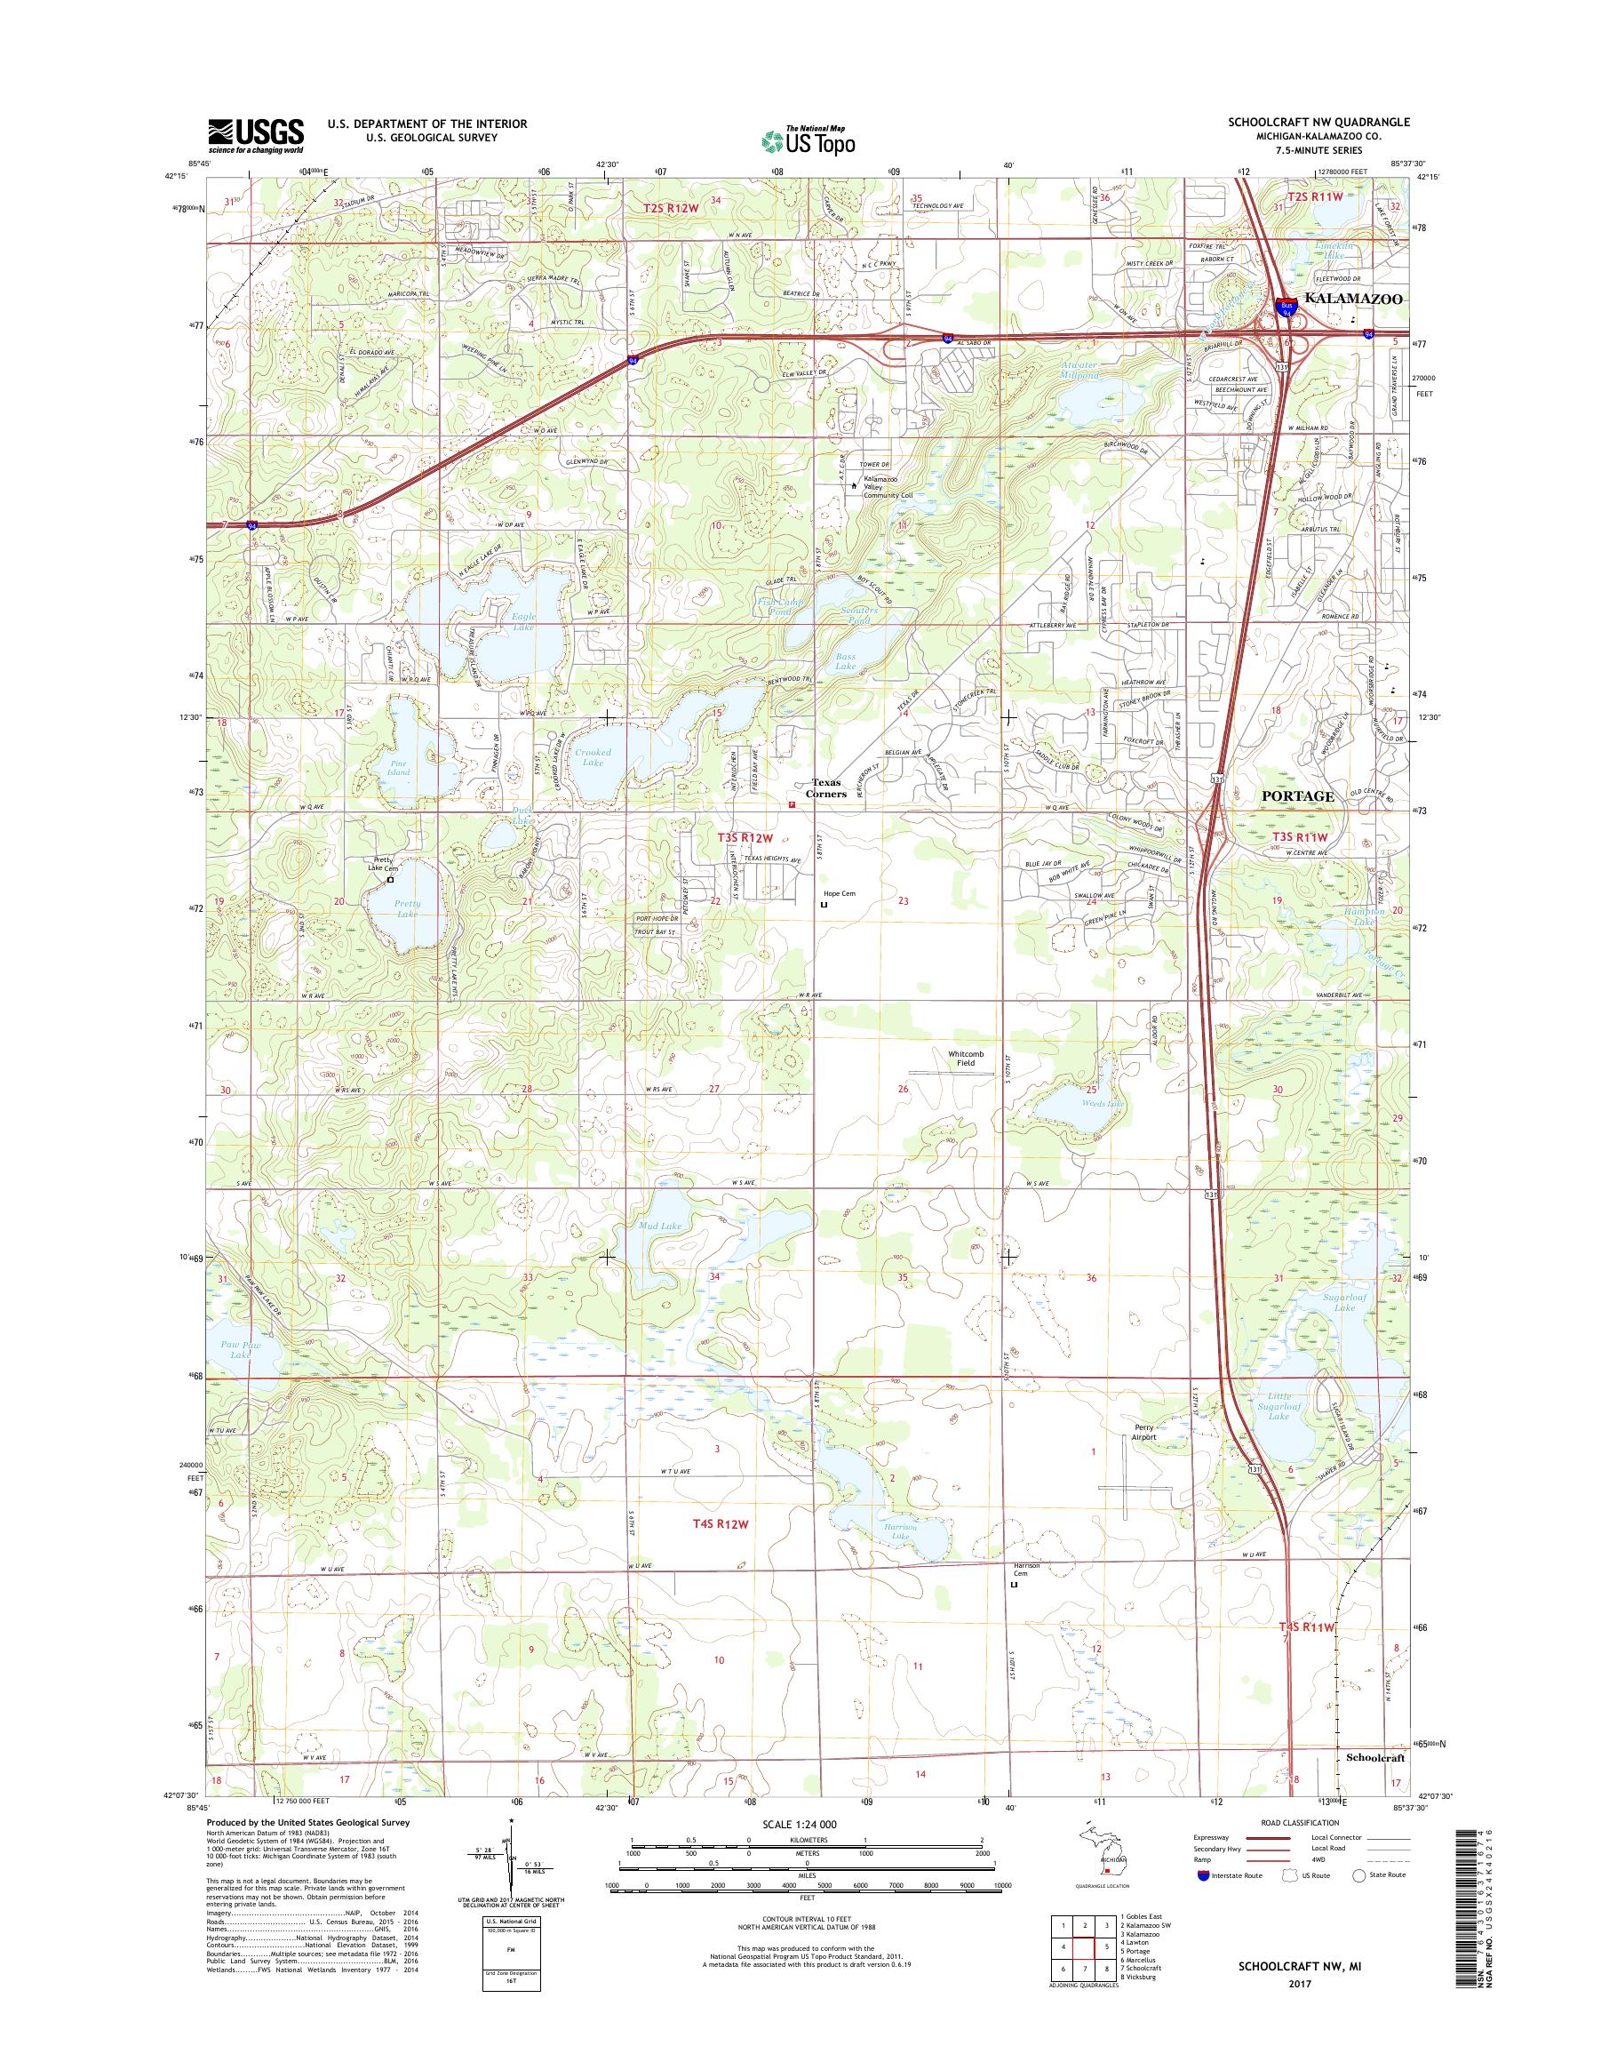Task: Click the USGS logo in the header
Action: pos(256,136)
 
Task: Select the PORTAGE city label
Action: pos(1298,796)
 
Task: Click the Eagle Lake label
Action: pos(522,621)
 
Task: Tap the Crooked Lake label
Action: pos(593,756)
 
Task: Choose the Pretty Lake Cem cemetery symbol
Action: pos(390,879)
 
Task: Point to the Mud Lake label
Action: pos(660,1227)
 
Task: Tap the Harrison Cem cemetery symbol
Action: pos(1014,1584)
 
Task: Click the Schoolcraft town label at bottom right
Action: pos(1374,1757)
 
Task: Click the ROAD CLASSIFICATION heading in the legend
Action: pos(1300,1822)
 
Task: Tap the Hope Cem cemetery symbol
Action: pos(823,906)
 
